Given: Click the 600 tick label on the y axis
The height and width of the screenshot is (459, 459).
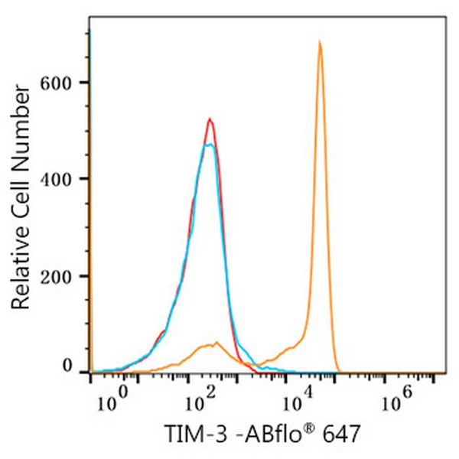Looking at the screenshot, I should coord(61,83).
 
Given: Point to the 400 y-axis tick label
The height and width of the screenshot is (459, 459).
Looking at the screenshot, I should coord(61,179).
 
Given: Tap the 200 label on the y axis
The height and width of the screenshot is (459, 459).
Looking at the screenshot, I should coord(61,276).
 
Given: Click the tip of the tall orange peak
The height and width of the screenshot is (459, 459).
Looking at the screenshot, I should coord(320,42).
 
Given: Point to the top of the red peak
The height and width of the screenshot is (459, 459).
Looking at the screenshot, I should coord(209,119).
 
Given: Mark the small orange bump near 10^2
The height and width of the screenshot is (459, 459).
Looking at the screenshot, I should coord(216,343).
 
